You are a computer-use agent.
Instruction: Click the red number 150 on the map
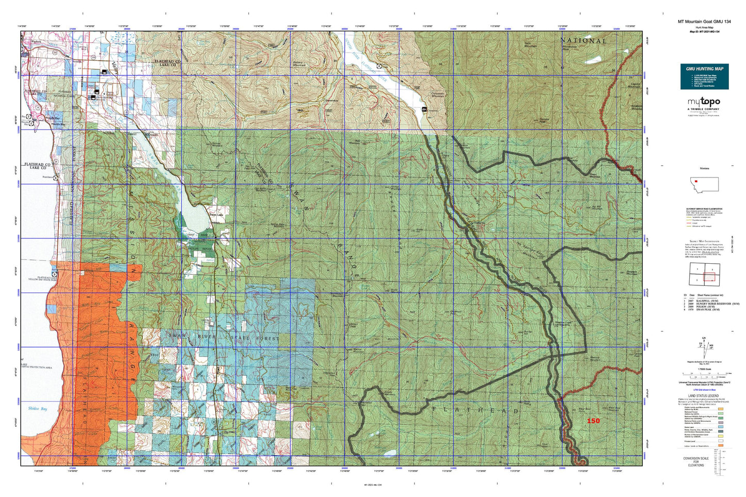593,421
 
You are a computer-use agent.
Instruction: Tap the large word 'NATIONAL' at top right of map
583,40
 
